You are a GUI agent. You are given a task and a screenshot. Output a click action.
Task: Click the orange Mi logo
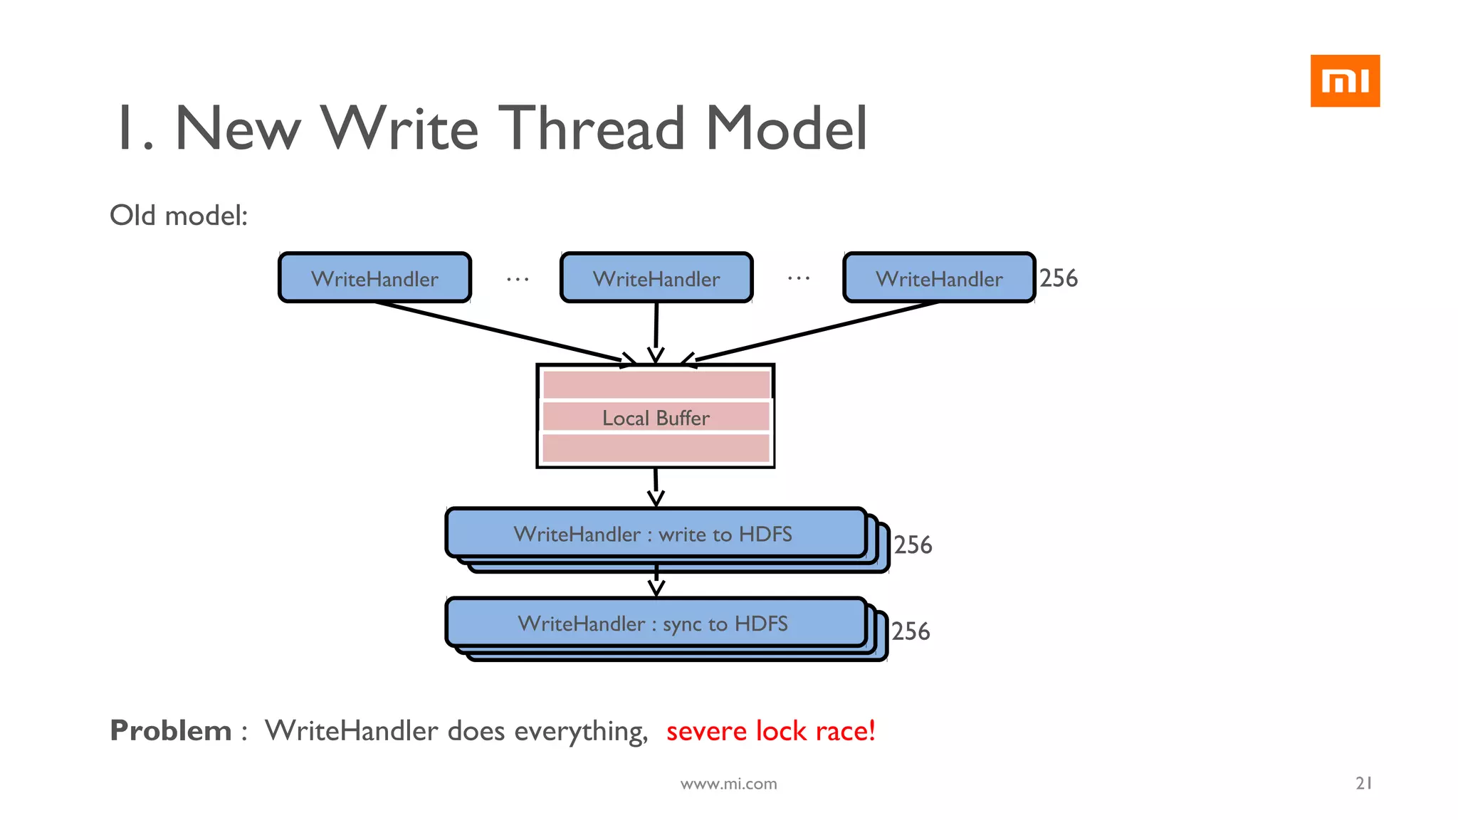1344,80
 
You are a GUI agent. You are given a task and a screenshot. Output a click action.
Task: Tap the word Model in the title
786,129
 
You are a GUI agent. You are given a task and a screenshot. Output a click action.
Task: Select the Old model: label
179,216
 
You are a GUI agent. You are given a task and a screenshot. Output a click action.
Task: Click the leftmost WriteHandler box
374,278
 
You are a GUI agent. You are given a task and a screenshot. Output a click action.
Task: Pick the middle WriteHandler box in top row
656,278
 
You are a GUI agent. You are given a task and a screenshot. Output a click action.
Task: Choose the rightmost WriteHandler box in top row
938,278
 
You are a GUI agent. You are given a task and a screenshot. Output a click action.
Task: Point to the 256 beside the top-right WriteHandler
1059,278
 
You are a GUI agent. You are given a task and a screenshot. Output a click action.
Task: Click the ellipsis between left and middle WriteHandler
518,279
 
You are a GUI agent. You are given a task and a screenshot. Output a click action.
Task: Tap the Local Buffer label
656,418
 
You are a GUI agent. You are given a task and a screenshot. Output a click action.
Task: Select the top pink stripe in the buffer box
656,385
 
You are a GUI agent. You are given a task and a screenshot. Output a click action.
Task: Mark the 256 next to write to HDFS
913,545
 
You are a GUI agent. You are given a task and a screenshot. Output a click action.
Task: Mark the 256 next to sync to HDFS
911,631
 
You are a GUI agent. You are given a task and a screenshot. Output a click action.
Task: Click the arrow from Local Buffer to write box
656,487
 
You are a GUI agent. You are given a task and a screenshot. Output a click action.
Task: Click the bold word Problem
171,731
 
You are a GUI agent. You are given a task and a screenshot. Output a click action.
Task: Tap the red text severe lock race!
770,731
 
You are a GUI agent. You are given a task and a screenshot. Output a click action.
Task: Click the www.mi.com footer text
728,784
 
